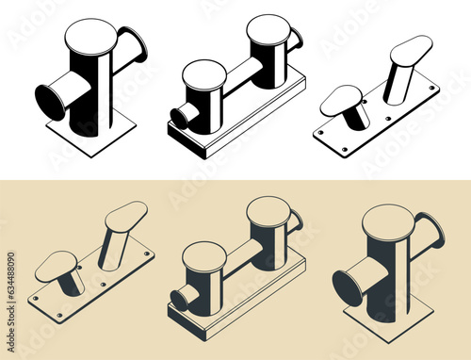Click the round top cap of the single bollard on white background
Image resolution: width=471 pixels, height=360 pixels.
tap(90, 35)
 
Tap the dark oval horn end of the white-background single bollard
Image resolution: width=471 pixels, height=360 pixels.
tap(49, 102)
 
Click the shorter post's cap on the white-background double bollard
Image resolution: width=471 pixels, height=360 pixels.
tap(204, 74)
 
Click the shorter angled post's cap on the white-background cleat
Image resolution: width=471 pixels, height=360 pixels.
tap(341, 99)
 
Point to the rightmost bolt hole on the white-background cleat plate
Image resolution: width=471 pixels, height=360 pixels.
tap(433, 89)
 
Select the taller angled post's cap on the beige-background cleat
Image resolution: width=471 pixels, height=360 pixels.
tap(125, 216)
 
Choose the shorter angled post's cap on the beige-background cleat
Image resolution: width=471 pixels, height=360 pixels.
tap(57, 266)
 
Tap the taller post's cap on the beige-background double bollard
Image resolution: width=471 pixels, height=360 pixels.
tap(268, 210)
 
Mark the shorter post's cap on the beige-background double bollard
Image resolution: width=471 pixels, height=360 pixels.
tap(204, 255)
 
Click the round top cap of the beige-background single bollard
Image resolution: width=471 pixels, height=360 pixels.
tap(388, 221)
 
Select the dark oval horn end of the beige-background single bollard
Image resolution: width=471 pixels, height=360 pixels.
tap(346, 288)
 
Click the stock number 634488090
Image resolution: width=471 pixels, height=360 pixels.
tap(10, 283)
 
